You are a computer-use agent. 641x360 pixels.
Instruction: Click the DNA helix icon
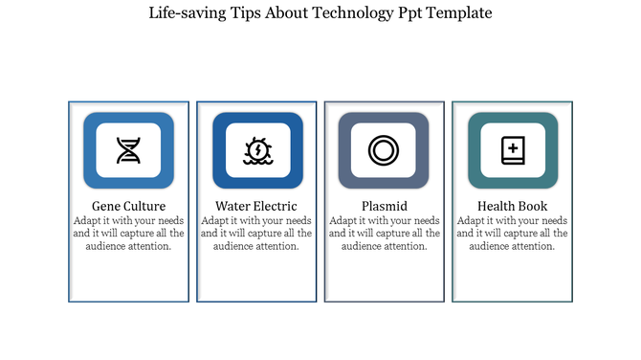pos(128,150)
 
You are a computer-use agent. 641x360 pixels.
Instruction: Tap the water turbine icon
pos(256,150)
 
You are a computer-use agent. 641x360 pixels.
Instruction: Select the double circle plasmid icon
pos(384,150)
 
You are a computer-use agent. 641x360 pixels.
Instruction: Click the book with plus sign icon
pos(512,150)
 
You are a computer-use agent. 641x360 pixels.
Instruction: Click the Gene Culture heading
pos(128,206)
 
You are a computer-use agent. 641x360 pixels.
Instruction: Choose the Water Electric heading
pos(256,206)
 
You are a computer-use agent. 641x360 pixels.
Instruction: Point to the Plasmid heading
pos(385,206)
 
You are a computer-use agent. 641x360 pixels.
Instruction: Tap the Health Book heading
pos(512,206)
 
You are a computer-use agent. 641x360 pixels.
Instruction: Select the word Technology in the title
pos(349,13)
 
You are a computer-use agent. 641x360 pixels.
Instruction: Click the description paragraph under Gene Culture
pos(128,233)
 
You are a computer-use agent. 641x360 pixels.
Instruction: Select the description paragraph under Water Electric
pos(256,233)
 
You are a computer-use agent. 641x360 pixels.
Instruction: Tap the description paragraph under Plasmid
pos(385,233)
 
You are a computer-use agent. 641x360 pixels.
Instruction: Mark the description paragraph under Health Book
pos(512,233)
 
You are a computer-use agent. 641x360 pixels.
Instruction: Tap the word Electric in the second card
pos(275,206)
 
